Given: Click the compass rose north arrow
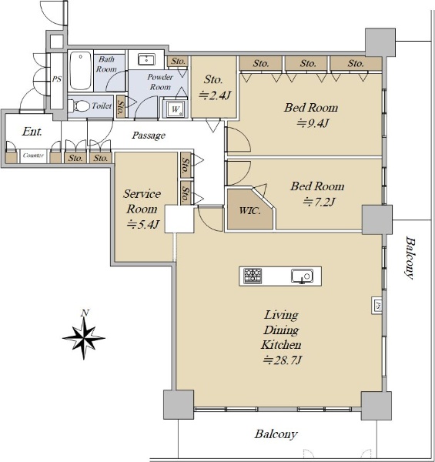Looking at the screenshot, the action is (x=84, y=335).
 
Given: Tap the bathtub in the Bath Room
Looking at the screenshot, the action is (x=80, y=71).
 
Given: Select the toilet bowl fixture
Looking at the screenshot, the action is (x=79, y=106).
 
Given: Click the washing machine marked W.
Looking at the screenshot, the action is (x=176, y=109).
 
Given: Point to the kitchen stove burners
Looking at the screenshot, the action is (x=253, y=276).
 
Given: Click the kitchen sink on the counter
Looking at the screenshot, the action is (x=302, y=276).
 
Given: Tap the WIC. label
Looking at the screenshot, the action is (x=249, y=211).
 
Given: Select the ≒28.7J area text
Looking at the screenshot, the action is (x=282, y=360).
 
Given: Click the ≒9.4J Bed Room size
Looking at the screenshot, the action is (x=312, y=123).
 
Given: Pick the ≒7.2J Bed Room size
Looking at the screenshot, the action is (x=319, y=202).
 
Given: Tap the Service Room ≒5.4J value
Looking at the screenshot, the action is (x=143, y=225).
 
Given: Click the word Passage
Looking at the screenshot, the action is (x=149, y=136).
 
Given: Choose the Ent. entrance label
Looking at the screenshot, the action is (x=32, y=132).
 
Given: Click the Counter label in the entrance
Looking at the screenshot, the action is (x=33, y=156).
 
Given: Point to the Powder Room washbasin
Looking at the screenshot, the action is (x=146, y=59).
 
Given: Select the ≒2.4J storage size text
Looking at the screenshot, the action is (x=215, y=95).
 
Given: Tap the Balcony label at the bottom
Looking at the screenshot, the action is (x=276, y=434).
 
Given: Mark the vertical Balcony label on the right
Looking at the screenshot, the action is (x=410, y=257).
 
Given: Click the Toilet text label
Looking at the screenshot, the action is (x=102, y=105).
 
